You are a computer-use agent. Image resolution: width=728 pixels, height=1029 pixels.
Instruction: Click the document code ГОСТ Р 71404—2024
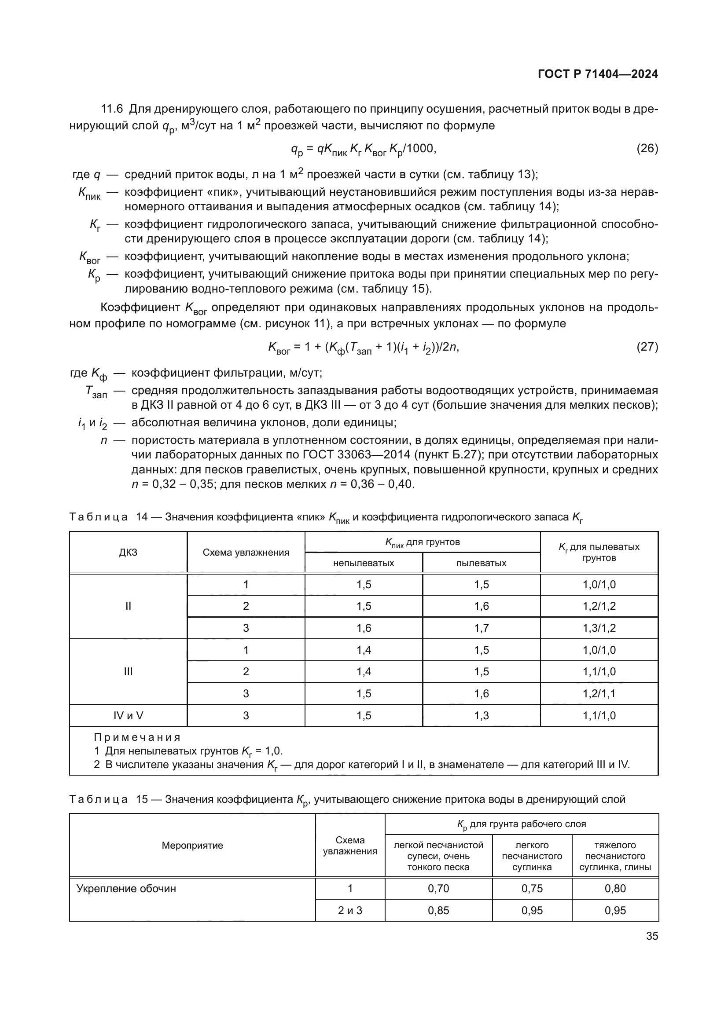click(598, 74)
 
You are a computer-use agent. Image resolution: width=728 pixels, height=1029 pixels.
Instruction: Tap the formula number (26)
click(647, 149)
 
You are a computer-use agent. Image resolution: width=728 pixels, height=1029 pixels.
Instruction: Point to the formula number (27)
click(647, 347)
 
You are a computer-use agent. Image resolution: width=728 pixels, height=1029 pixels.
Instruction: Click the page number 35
click(652, 936)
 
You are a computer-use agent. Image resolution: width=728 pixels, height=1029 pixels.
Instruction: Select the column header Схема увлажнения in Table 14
click(246, 552)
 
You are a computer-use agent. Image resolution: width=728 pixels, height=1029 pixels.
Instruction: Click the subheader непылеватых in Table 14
click(364, 563)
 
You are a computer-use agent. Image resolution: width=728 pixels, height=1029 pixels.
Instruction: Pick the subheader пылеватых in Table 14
click(481, 563)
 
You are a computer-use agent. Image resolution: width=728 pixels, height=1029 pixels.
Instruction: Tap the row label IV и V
click(128, 715)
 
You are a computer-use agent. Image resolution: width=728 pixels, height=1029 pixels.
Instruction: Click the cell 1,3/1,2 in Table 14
click(599, 628)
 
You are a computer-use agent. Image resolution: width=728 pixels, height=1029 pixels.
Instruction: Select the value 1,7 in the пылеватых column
click(482, 628)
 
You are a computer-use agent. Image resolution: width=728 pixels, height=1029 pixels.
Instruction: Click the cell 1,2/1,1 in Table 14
click(599, 693)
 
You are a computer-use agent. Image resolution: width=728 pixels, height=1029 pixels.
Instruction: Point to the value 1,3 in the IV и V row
click(482, 715)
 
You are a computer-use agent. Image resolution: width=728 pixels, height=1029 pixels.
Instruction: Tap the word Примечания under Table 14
click(137, 737)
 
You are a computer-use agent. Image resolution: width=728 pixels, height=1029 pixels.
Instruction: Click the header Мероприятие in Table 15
click(192, 845)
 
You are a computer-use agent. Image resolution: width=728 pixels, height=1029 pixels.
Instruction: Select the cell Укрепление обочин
click(126, 889)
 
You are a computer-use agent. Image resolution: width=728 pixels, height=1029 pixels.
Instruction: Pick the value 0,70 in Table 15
click(438, 889)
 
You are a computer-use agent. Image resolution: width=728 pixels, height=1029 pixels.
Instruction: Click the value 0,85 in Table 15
click(438, 910)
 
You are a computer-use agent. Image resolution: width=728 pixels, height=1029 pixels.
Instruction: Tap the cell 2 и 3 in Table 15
click(349, 910)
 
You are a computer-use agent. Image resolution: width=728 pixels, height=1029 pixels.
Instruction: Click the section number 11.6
click(112, 109)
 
